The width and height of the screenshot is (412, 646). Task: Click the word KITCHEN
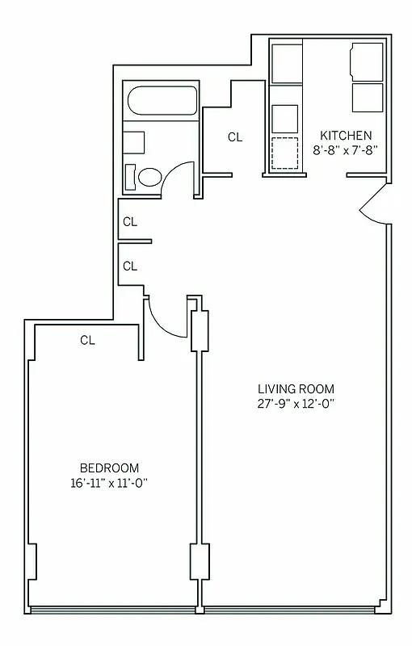click(346, 135)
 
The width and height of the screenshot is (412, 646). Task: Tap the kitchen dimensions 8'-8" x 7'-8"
click(346, 149)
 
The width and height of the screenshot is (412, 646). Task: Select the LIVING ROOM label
click(291, 388)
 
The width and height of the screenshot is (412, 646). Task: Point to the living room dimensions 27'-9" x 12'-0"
click(291, 404)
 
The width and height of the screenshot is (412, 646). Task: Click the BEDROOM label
click(109, 468)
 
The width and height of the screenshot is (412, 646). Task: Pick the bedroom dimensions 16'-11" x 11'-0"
click(109, 484)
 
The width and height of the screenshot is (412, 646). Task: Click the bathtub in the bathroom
click(160, 103)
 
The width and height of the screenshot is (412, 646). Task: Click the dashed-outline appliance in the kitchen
click(284, 153)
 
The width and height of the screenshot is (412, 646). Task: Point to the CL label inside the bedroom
click(87, 341)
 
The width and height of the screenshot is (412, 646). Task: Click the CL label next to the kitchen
click(234, 137)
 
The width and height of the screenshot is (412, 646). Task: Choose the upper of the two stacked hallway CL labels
click(130, 221)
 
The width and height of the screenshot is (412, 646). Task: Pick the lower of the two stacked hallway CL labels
click(130, 266)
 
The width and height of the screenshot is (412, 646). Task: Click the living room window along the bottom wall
click(296, 608)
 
